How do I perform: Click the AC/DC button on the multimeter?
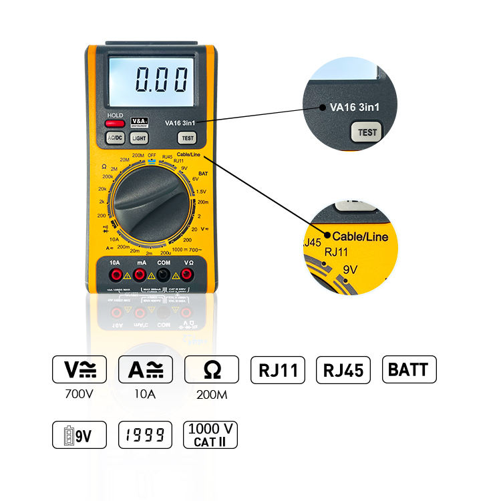click(115, 138)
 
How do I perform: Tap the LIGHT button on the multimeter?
click(139, 138)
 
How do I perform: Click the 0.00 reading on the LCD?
click(161, 81)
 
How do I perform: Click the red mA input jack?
click(139, 275)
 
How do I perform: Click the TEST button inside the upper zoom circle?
click(367, 132)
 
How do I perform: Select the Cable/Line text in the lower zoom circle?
click(360, 236)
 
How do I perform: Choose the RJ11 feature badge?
click(278, 370)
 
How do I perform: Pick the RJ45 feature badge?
click(343, 370)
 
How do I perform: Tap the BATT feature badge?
click(409, 369)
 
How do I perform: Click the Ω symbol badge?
click(211, 369)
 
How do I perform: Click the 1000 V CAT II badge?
click(210, 436)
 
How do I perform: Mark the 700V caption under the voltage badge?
click(79, 394)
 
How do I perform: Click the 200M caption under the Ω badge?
click(211, 394)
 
